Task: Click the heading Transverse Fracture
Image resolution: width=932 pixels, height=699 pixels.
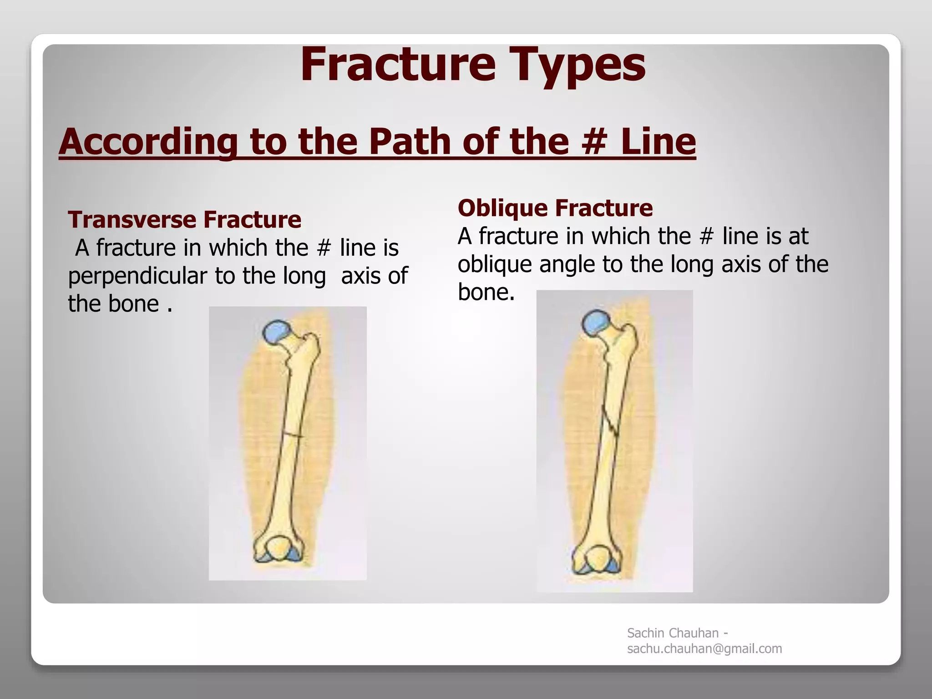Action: [x=184, y=219]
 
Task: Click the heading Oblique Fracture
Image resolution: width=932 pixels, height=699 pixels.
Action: [x=555, y=208]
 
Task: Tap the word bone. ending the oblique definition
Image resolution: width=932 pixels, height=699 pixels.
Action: [x=486, y=292]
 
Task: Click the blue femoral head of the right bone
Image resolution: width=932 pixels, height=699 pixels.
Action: [x=597, y=322]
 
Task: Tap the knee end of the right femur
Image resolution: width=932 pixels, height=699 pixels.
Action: [x=597, y=559]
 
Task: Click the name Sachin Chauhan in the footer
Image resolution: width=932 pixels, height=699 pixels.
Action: [x=673, y=633]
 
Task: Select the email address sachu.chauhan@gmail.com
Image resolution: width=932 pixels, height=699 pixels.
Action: [x=704, y=648]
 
